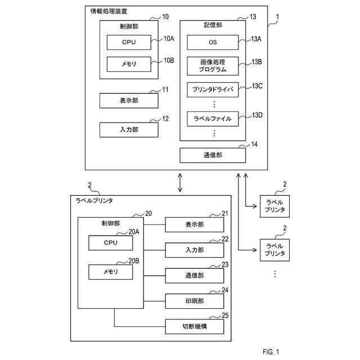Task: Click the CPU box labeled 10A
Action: pyautogui.click(x=128, y=42)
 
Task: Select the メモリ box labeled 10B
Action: pyautogui.click(x=128, y=64)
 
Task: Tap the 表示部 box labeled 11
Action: pyautogui.click(x=129, y=101)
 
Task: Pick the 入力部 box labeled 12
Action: pyautogui.click(x=129, y=129)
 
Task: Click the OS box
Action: pyautogui.click(x=213, y=43)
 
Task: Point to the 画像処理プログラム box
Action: pyautogui.click(x=213, y=66)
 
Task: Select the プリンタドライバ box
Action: pyautogui.click(x=213, y=89)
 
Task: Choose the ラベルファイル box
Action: pyautogui.click(x=213, y=119)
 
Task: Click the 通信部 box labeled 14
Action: pyautogui.click(x=213, y=155)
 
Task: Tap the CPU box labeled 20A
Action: pyautogui.click(x=110, y=243)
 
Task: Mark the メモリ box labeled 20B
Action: pyautogui.click(x=110, y=272)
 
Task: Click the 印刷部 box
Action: pyautogui.click(x=194, y=301)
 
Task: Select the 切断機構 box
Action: pyautogui.click(x=194, y=326)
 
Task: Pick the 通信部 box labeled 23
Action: pyautogui.click(x=194, y=276)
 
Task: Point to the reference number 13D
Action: pyautogui.click(x=257, y=115)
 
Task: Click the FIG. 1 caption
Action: pyautogui.click(x=270, y=352)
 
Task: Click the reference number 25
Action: pyautogui.click(x=225, y=316)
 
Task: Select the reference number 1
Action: pyautogui.click(x=277, y=17)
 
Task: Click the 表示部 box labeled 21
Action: pyautogui.click(x=194, y=224)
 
